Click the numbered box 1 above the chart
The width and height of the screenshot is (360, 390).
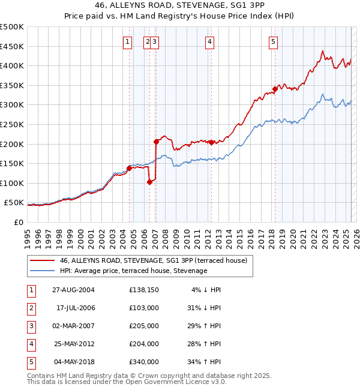click(128, 41)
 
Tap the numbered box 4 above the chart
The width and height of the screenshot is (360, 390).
click(209, 41)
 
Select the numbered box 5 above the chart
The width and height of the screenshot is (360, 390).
click(273, 41)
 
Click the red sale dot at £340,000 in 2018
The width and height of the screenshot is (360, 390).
click(275, 89)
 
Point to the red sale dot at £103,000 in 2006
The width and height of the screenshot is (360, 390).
click(149, 182)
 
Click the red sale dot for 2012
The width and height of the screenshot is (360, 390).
click(211, 142)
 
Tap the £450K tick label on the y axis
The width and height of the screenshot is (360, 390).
click(12, 46)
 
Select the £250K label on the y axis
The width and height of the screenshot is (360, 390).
click(12, 124)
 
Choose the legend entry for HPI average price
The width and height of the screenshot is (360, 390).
click(133, 271)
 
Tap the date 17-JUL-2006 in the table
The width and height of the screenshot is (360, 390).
click(75, 307)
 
